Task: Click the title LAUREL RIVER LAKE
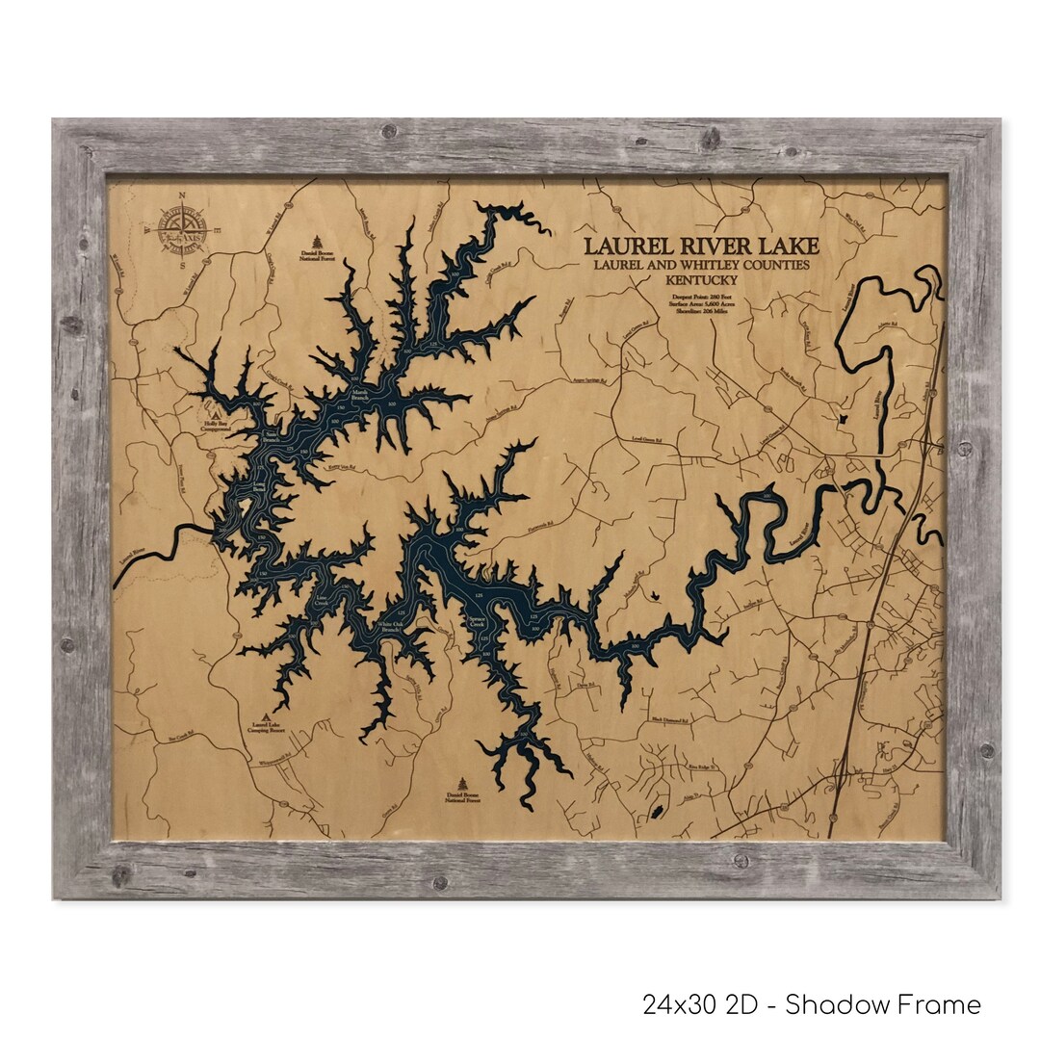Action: coord(701,247)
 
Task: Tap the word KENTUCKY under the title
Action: coord(701,279)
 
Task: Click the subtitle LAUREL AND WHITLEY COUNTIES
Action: coord(701,265)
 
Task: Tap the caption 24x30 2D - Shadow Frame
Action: coord(812,1005)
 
